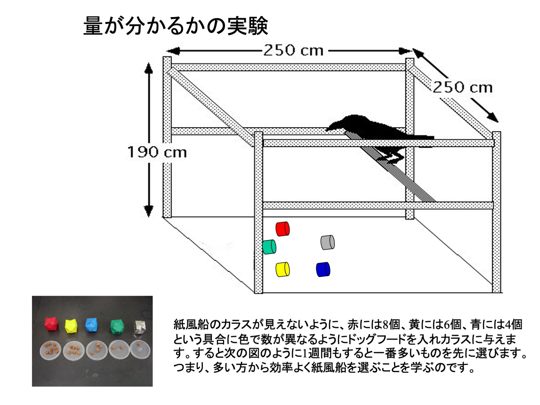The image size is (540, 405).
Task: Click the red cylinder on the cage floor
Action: point(283,229)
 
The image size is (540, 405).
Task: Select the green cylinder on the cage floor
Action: point(269,247)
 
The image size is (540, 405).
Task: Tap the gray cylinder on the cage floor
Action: point(327,242)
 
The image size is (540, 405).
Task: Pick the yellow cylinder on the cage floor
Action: point(283,269)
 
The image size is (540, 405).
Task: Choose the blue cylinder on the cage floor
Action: point(323,269)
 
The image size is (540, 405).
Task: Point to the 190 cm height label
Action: point(157,152)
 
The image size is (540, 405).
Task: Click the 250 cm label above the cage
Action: point(294,51)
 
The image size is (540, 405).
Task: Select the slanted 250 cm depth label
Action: point(463,87)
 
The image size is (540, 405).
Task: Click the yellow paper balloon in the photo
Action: point(71,326)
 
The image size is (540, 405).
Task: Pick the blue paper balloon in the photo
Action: point(93,325)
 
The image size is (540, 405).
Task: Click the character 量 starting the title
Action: point(93,26)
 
